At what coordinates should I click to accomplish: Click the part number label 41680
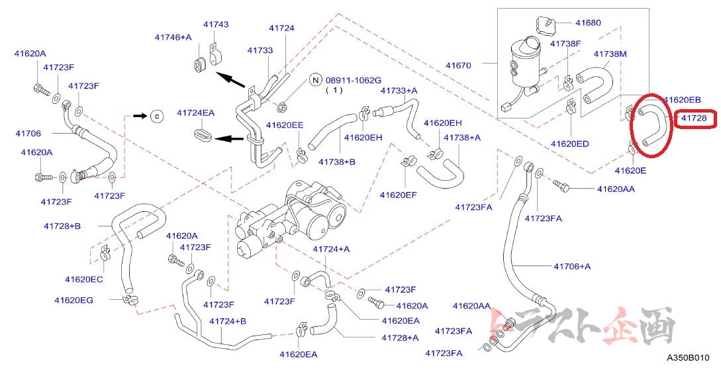tap(587, 23)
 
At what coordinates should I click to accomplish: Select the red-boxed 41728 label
tap(694, 118)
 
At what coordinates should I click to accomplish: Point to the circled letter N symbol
tap(315, 80)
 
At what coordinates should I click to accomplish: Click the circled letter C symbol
tap(157, 116)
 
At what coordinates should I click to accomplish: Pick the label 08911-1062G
tap(353, 80)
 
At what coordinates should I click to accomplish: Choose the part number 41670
tap(458, 65)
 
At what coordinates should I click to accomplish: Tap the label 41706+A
tap(572, 266)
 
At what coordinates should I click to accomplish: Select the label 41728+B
tap(62, 226)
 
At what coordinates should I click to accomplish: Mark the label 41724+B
tap(228, 322)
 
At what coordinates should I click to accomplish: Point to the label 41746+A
tap(173, 37)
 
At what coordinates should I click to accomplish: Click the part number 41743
tap(216, 24)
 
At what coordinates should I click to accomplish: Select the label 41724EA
tap(195, 113)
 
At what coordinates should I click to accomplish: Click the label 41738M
tap(610, 54)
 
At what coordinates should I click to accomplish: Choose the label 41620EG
tap(73, 300)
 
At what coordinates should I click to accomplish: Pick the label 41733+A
tap(399, 90)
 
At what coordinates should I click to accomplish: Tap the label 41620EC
tap(84, 279)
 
